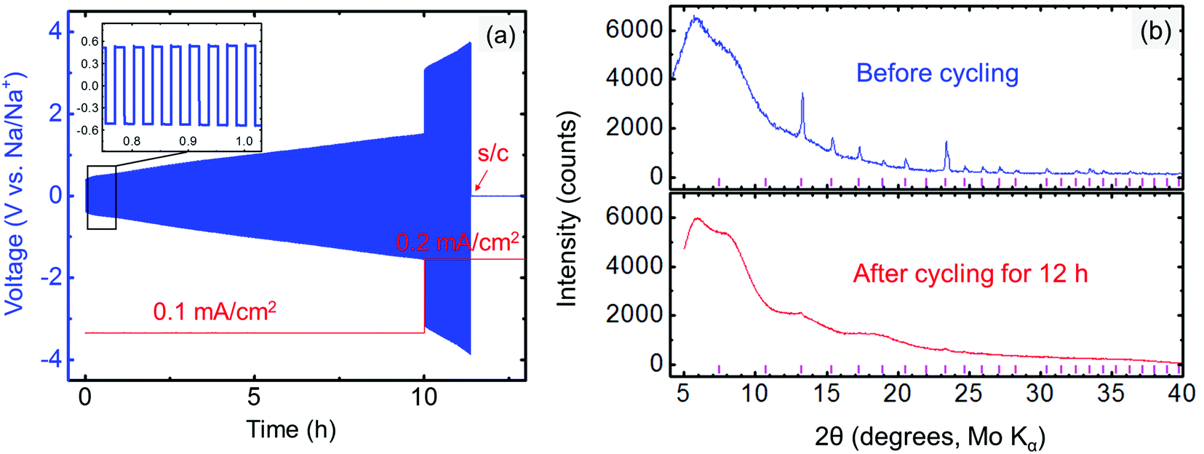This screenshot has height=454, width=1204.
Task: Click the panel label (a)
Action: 500,35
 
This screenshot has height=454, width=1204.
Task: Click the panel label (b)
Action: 1155,31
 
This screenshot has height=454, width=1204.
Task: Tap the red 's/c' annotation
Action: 493,154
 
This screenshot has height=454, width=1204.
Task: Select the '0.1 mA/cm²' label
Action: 215,311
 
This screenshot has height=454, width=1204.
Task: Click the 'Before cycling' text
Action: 937,73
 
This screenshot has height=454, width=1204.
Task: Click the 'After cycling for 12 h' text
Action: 970,274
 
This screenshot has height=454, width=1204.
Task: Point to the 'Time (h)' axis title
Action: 291,429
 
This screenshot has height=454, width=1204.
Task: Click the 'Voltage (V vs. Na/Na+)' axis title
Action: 16,193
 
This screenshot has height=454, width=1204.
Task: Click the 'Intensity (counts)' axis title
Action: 567,210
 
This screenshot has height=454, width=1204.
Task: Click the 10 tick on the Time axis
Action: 423,397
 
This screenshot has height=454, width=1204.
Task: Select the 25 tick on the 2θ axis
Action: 968,394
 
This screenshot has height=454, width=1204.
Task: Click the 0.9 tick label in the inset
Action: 188,141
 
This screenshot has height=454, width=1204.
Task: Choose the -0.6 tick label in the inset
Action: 89,130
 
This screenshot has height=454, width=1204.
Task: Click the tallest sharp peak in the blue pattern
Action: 802,95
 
